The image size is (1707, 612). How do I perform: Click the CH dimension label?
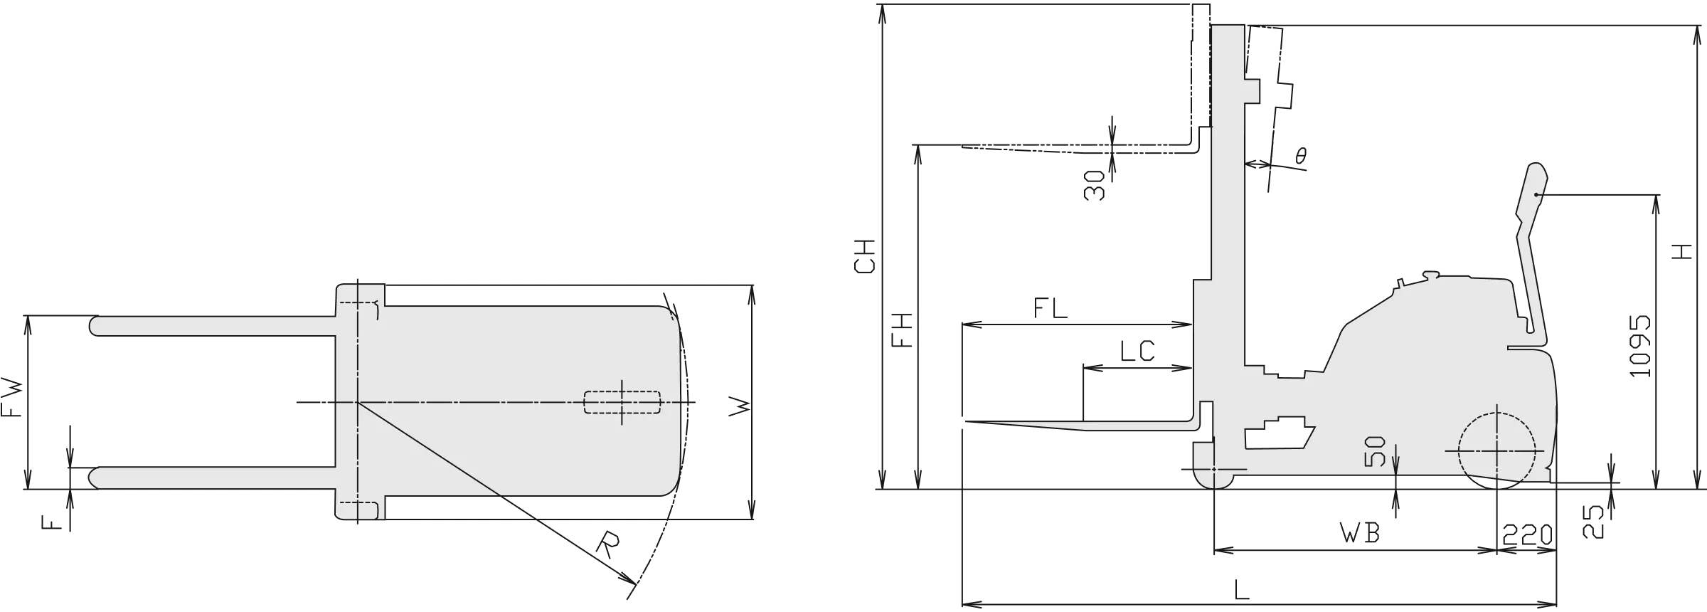865,256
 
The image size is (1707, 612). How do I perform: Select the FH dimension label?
902,330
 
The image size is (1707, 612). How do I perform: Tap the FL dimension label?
1051,308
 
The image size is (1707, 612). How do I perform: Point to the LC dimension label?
1137,351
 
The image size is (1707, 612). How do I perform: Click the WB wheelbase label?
1360,533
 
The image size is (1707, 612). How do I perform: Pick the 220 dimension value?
1527,534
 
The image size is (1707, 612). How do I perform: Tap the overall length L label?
1241,589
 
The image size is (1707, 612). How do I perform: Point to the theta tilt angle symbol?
1301,156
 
